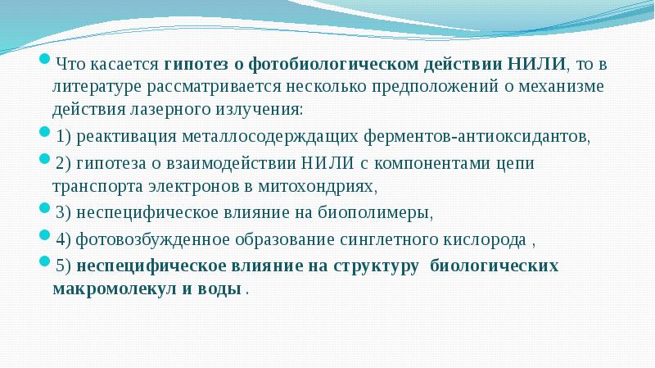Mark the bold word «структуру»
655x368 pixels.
pos(377,266)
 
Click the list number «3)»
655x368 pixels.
pos(64,212)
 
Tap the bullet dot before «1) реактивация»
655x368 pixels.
pos(46,133)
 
